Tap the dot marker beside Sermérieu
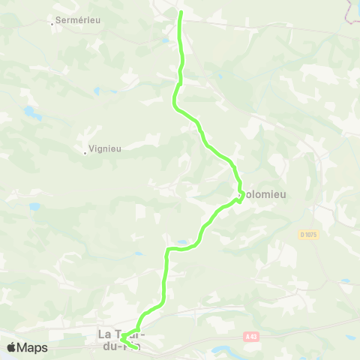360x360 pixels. coord(52,23)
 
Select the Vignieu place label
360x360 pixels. coord(105,148)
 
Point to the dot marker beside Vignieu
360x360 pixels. coord(85,152)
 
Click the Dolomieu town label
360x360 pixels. coord(262,193)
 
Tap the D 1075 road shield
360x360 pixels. coord(308,235)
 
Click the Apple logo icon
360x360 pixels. coord(11,347)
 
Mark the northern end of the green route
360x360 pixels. coord(180,12)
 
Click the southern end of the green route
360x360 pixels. coord(136,348)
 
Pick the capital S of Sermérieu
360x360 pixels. coord(58,20)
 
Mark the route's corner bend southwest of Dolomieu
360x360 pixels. coord(168,249)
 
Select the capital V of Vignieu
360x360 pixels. coord(91,148)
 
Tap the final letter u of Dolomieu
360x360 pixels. coord(284,193)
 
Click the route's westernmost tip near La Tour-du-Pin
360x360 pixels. coord(121,340)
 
